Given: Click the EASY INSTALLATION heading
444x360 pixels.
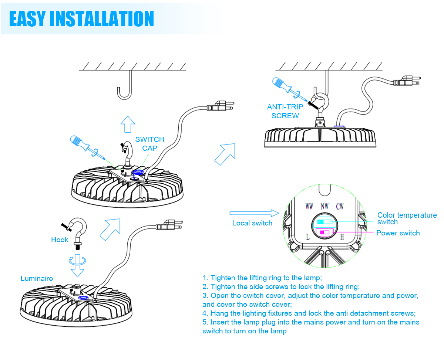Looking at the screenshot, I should pyautogui.click(x=81, y=18).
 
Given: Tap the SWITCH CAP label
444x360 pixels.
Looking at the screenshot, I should pyautogui.click(x=149, y=143).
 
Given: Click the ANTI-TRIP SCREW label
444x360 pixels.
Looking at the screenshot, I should pyautogui.click(x=285, y=111).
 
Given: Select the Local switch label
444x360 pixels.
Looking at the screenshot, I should pyautogui.click(x=252, y=223).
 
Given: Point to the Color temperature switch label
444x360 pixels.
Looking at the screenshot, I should pyautogui.click(x=407, y=218).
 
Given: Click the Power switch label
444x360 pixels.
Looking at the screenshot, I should pyautogui.click(x=398, y=233).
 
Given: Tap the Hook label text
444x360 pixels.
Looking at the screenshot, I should pyautogui.click(x=60, y=240).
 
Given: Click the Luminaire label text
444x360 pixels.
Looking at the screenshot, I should pyautogui.click(x=37, y=278).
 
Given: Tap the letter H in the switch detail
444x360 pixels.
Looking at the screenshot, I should pyautogui.click(x=342, y=237).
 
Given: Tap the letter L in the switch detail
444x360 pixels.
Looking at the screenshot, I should pyautogui.click(x=308, y=237).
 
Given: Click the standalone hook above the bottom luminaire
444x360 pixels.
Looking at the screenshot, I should pyautogui.click(x=76, y=231).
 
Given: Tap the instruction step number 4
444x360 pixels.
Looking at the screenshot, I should pyautogui.click(x=205, y=313).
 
